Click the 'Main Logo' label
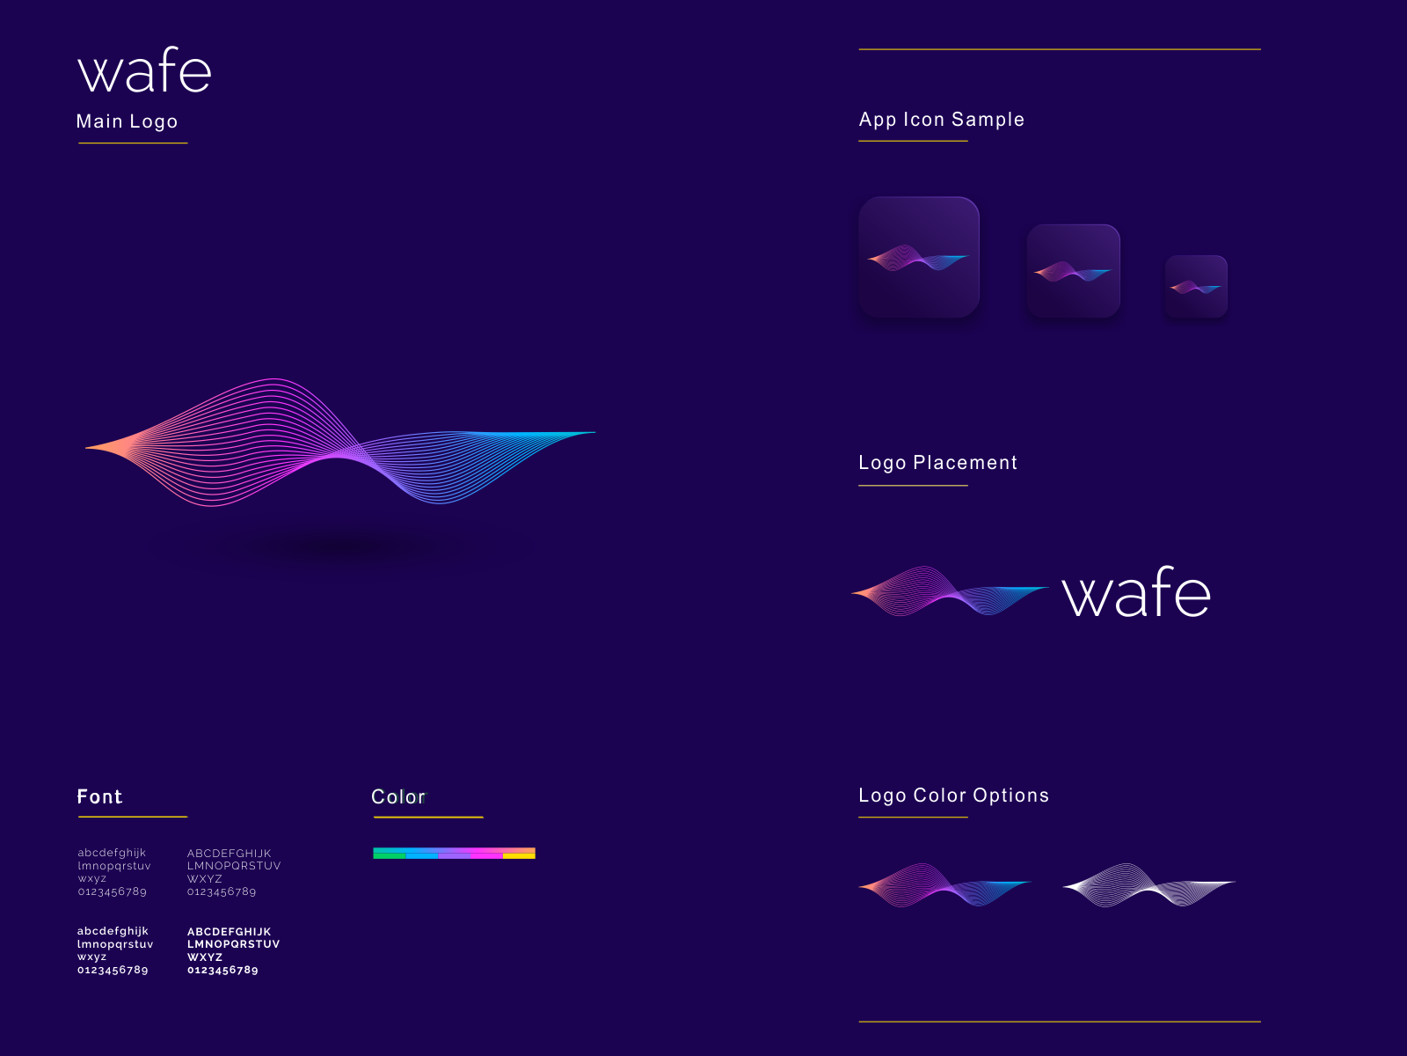point(128,121)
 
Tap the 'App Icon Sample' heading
point(941,120)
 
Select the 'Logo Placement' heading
point(937,463)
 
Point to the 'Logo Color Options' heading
point(953,796)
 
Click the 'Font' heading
point(99,797)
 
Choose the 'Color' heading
point(398,797)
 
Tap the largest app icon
point(919,257)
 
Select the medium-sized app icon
point(1073,271)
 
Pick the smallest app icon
point(1196,287)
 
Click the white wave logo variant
point(1148,884)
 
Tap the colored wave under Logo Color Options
point(944,884)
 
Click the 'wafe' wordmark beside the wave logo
point(1136,594)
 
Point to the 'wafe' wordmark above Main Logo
point(145,72)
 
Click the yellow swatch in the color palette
point(519,855)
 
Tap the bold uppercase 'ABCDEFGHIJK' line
point(229,932)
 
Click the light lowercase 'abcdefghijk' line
point(112,853)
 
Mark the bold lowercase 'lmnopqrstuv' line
point(115,944)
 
